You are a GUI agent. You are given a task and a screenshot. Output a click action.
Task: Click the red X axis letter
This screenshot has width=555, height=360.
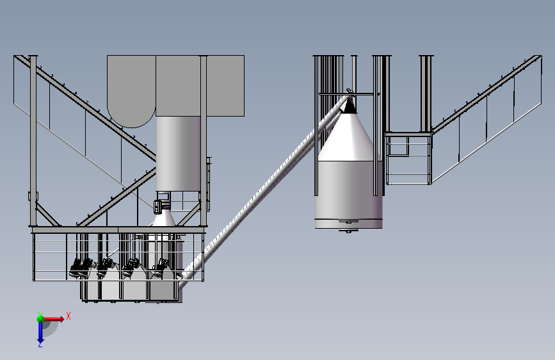tap(68, 316)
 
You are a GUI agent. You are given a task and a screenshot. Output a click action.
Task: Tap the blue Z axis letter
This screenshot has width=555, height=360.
tap(40, 344)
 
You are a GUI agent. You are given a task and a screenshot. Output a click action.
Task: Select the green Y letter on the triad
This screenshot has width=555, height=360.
tap(40, 315)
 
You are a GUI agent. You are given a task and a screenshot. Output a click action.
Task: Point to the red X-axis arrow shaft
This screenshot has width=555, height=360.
tap(54, 319)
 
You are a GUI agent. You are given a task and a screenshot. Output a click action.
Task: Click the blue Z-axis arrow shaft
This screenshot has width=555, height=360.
tap(40, 332)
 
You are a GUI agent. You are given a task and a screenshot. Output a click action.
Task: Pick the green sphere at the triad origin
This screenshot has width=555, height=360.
tap(40, 319)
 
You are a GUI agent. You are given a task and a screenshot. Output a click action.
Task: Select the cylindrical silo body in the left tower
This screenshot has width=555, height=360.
tap(178, 154)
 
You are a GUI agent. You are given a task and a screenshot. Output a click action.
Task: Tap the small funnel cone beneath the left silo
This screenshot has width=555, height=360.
tap(163, 218)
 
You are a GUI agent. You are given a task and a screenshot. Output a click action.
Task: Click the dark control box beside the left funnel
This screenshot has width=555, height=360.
tap(158, 207)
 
